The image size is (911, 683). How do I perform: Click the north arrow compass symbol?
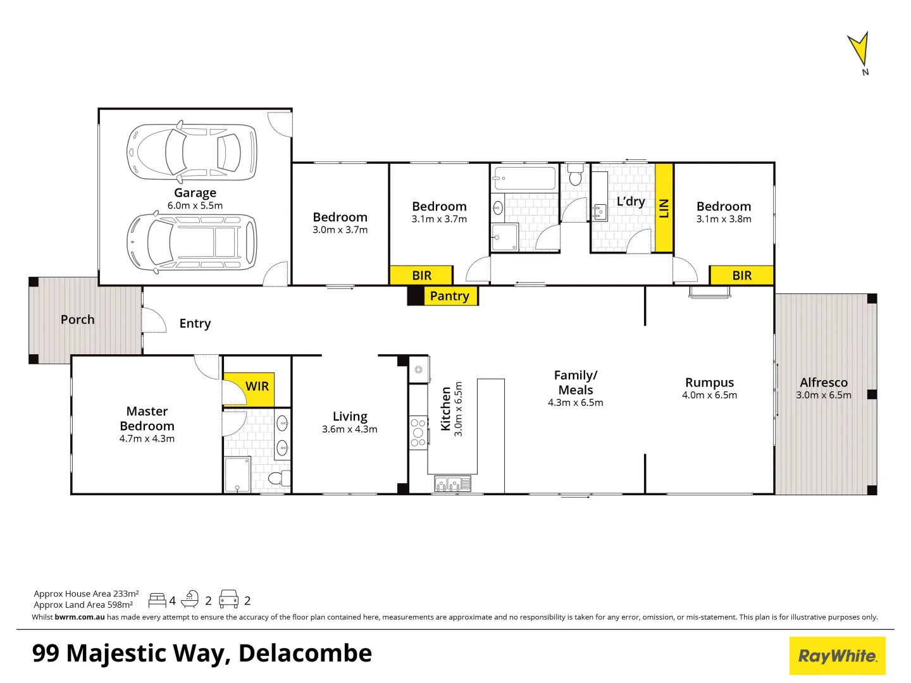point(859,51)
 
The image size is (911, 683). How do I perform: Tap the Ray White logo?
point(837,656)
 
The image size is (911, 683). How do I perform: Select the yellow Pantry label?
point(449,296)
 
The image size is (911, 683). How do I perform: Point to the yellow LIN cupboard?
point(664,207)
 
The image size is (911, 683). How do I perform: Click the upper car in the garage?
point(192,151)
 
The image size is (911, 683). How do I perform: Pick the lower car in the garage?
point(192,242)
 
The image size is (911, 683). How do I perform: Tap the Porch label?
point(78,320)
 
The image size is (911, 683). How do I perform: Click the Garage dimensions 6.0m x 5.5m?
point(195,206)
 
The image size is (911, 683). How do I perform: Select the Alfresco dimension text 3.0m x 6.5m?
point(823,395)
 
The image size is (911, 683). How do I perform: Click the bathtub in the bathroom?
point(524,178)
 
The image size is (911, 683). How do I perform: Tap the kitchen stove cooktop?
point(418,433)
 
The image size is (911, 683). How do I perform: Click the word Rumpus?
point(709,383)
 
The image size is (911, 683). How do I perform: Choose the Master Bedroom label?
point(147,419)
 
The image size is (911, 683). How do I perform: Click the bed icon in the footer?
point(157,600)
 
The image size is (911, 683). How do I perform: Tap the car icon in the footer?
point(228,600)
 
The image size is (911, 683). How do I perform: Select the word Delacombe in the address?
point(305,653)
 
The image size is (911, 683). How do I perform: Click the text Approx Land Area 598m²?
point(84,605)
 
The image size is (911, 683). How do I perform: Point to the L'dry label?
point(631,201)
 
